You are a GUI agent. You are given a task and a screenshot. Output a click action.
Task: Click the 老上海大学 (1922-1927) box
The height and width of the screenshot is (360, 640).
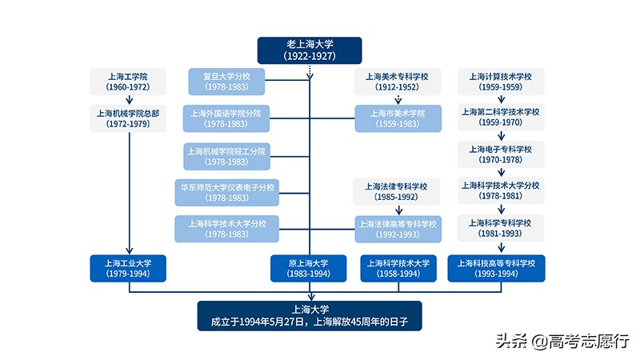point(309,50)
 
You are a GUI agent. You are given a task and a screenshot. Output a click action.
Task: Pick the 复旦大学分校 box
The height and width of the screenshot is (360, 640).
point(226,82)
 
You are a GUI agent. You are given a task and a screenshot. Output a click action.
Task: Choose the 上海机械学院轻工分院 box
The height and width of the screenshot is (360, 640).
point(226,156)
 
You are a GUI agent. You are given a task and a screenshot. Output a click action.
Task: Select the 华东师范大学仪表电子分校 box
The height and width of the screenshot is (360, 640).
point(226,193)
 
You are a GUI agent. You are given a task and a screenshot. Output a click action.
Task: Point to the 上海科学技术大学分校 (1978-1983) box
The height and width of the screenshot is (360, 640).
point(226,229)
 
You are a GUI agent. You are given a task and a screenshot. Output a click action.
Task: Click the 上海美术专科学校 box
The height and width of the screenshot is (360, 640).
point(398,82)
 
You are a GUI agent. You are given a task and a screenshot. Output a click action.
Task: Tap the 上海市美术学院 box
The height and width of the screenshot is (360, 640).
point(398,118)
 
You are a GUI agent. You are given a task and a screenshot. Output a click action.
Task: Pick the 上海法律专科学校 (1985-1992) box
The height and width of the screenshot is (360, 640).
point(398,193)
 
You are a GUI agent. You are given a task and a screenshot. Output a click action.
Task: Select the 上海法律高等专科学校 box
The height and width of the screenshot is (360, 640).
point(398,229)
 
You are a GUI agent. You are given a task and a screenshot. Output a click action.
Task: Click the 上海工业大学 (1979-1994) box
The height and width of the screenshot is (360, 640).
point(128,268)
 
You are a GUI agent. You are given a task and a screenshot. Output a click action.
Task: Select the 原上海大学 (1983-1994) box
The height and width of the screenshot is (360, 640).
point(309,268)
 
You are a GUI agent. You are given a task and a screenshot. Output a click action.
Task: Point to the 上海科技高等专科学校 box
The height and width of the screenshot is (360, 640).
point(496,268)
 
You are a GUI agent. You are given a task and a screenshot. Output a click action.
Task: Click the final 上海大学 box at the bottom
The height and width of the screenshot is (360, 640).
point(309,316)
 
